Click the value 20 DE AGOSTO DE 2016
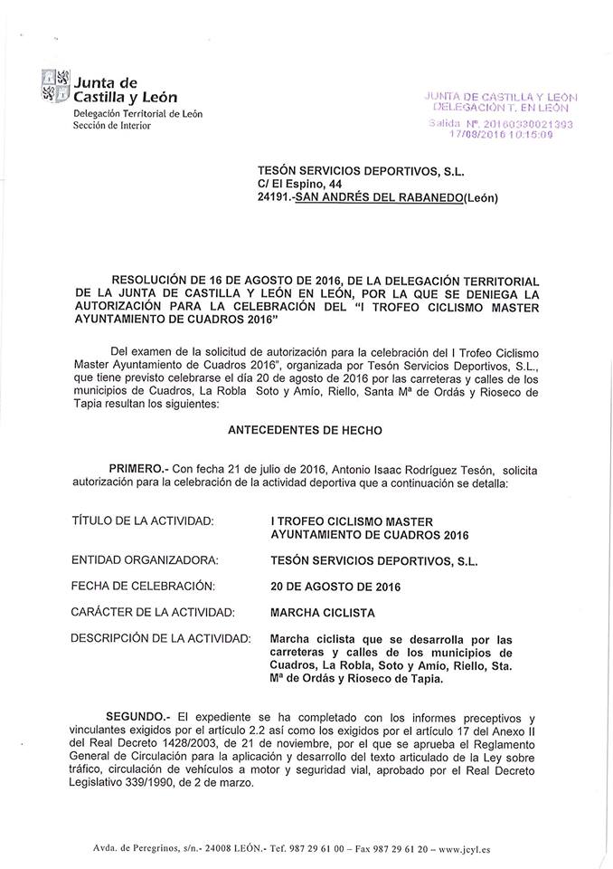pyautogui.click(x=335, y=586)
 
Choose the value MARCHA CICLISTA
pyautogui.click(x=324, y=612)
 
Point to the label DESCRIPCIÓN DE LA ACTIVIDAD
pyautogui.click(x=160, y=638)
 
